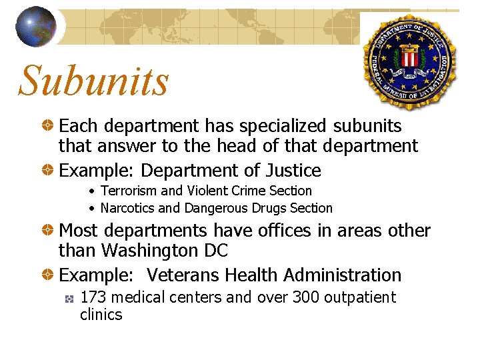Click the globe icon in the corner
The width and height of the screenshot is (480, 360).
coord(36,27)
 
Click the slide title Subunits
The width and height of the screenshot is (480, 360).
coord(94,81)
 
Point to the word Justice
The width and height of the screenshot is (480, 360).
coord(291,171)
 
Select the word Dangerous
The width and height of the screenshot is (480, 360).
coord(215,208)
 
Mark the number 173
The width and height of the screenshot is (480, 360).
coord(92,297)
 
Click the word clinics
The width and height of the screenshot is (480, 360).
coord(101,315)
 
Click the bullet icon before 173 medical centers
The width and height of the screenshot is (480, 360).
coord(69,299)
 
